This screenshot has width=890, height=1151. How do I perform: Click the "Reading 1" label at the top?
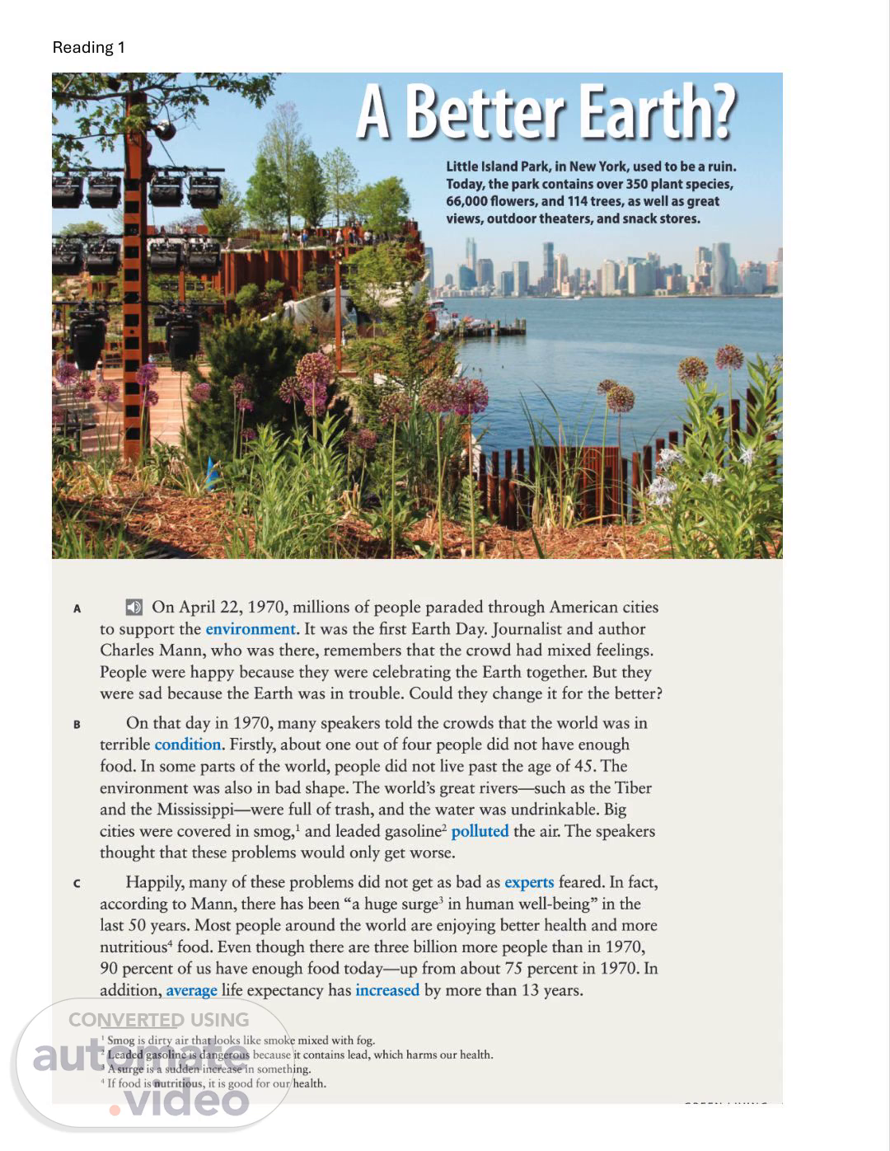(x=88, y=47)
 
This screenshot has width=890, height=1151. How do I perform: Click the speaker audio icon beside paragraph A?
(x=133, y=608)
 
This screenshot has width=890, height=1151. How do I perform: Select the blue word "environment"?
(x=250, y=629)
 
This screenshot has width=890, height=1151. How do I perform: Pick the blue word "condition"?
(x=188, y=745)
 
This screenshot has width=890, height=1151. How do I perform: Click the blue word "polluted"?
(x=480, y=831)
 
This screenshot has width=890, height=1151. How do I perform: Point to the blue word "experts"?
(x=529, y=882)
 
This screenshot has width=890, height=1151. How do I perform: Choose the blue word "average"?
(x=191, y=990)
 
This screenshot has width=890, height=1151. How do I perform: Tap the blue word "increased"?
(x=387, y=990)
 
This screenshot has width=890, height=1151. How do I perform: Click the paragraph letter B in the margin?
(x=77, y=725)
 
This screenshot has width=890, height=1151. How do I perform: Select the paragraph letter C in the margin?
(x=77, y=884)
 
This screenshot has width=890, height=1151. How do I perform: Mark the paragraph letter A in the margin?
(x=77, y=609)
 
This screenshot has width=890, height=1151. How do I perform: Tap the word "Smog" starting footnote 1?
(x=120, y=1041)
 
